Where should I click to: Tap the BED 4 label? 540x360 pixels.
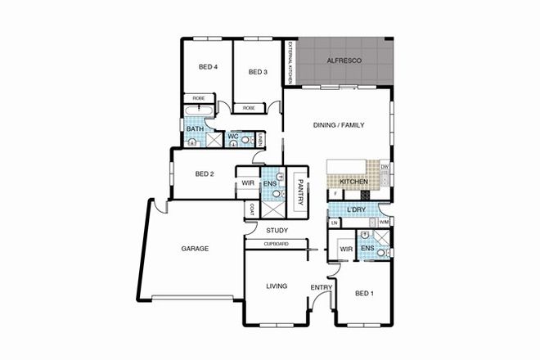209,67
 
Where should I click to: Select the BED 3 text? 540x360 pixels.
258,72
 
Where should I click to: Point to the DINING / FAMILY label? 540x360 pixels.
338,124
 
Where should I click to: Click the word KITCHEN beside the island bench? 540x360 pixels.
353,181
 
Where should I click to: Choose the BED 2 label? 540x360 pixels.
205,173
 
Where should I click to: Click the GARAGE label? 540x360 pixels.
194,247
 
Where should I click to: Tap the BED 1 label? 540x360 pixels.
365,293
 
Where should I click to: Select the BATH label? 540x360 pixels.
195,128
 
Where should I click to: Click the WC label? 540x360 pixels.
233,135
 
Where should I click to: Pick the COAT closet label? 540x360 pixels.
250,209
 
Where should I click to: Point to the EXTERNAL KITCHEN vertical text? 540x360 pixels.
289,63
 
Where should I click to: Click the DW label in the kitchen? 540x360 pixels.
385,167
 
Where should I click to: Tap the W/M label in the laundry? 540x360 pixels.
383,222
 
